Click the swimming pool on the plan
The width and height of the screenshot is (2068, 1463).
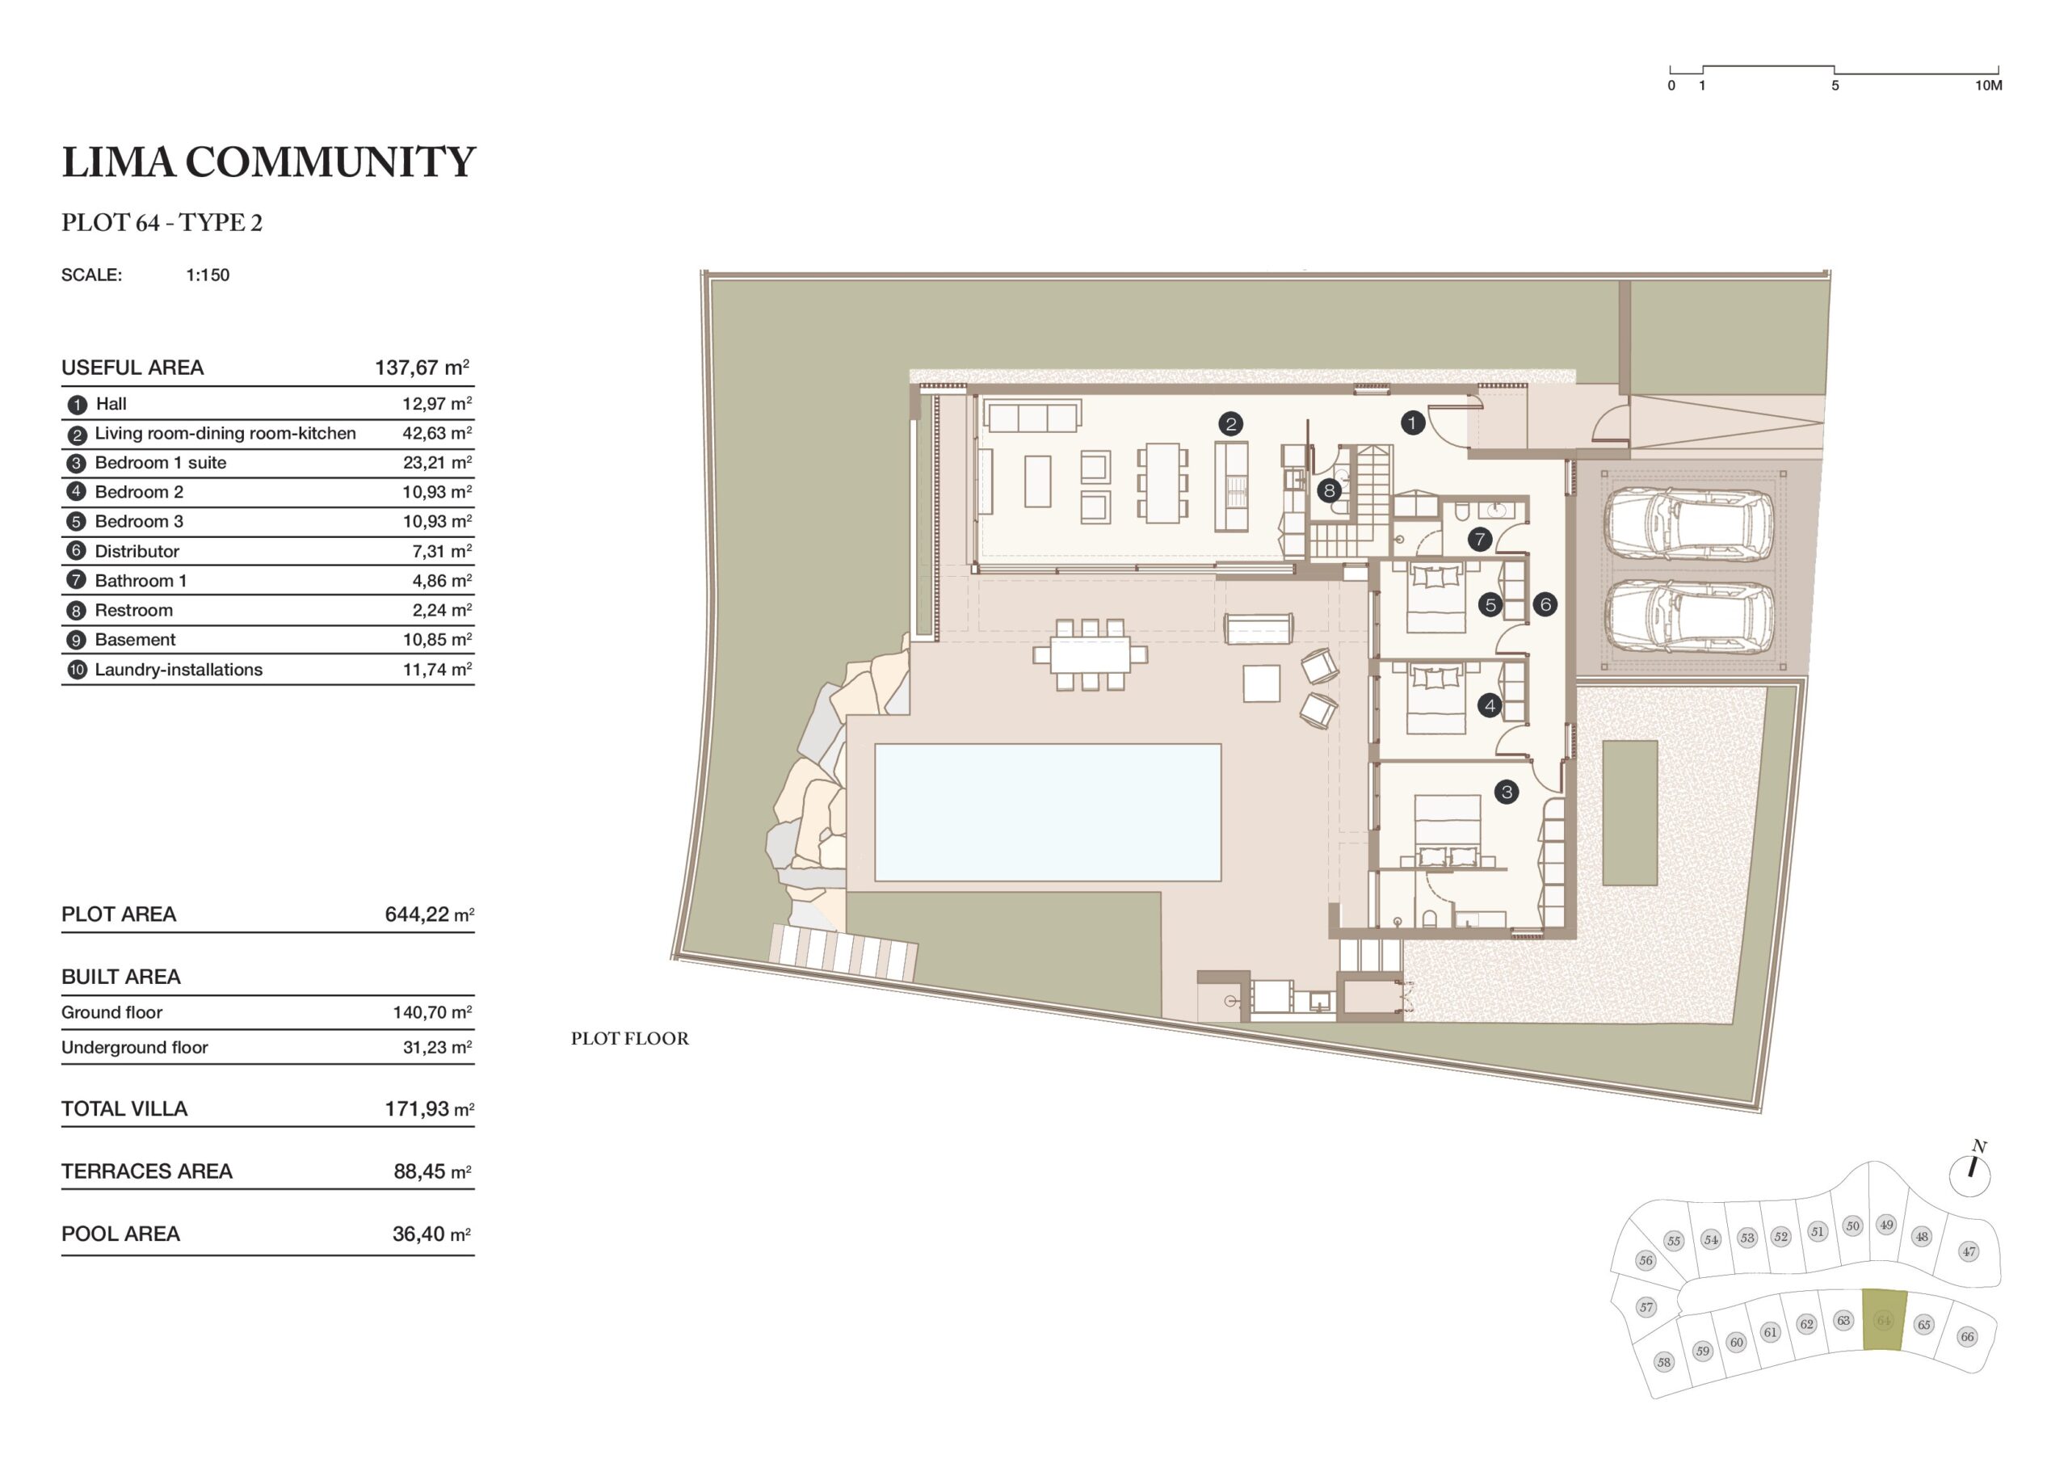(x=1048, y=812)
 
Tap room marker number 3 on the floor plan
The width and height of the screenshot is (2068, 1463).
(x=1506, y=792)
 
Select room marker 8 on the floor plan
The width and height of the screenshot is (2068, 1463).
(x=1329, y=491)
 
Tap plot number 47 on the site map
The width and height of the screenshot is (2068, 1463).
(x=1969, y=1251)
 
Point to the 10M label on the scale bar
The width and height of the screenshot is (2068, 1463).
(x=1989, y=86)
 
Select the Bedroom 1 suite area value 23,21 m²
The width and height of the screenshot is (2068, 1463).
(x=437, y=463)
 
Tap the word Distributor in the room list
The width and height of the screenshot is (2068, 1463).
(x=137, y=551)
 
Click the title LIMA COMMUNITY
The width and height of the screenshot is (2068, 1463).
(x=268, y=162)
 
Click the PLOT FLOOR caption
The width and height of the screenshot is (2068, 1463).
(x=629, y=1039)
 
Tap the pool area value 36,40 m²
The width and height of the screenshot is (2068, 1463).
(x=431, y=1234)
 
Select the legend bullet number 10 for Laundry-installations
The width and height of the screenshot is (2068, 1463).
(x=77, y=671)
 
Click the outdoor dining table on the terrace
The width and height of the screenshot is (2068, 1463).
(x=1090, y=655)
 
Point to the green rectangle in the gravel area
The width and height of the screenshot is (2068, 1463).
(x=1630, y=813)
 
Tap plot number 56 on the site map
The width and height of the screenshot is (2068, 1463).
(x=1646, y=1260)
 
